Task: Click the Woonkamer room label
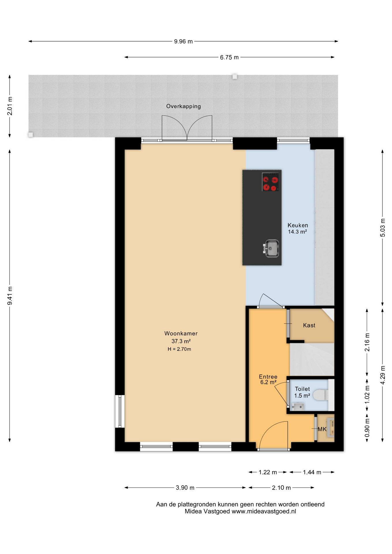coord(181,333)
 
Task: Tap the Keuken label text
coord(298,225)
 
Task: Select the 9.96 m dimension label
coord(183,41)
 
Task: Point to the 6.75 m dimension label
coord(229,57)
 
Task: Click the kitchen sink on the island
coord(271,248)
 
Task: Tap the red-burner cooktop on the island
coord(270,182)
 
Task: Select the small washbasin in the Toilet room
coord(298,407)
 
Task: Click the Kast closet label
coord(309,325)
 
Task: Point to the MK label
coord(322,429)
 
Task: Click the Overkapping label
coord(183,106)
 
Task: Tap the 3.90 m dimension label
coord(185,488)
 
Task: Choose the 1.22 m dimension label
coord(268,472)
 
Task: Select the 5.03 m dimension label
coord(382,227)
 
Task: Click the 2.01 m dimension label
coord(10,106)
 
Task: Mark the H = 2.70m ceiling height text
coord(179,349)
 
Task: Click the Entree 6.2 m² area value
coord(268,382)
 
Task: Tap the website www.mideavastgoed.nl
coord(264,511)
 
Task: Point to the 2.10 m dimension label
coord(281,488)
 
